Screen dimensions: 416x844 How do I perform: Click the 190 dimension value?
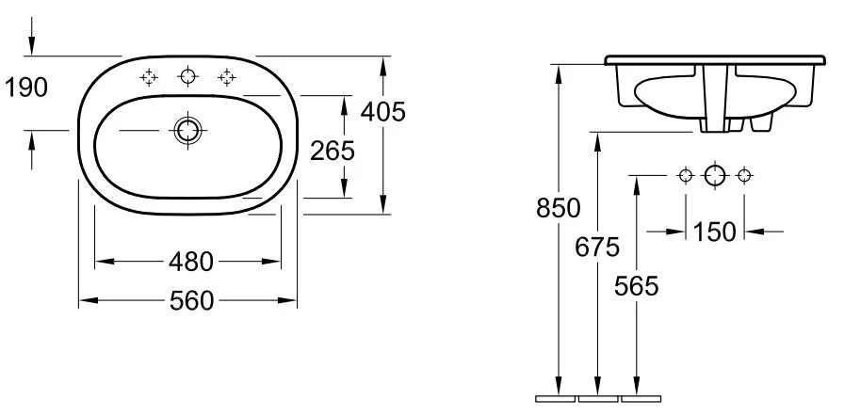pyautogui.click(x=25, y=88)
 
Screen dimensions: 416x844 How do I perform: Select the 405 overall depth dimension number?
pyautogui.click(x=383, y=113)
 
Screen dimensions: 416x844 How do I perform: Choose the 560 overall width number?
pyautogui.click(x=190, y=301)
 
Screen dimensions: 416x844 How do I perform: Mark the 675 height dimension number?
pyautogui.click(x=597, y=248)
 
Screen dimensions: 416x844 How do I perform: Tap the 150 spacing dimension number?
pyautogui.click(x=714, y=231)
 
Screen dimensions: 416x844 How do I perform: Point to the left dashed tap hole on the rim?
pyautogui.click(x=148, y=78)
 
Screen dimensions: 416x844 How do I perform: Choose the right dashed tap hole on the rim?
pyautogui.click(x=226, y=77)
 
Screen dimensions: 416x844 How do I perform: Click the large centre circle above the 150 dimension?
pyautogui.click(x=715, y=175)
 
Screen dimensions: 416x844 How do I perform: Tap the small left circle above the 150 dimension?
pyautogui.click(x=685, y=175)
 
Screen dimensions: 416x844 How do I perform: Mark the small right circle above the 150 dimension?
pyautogui.click(x=745, y=175)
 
